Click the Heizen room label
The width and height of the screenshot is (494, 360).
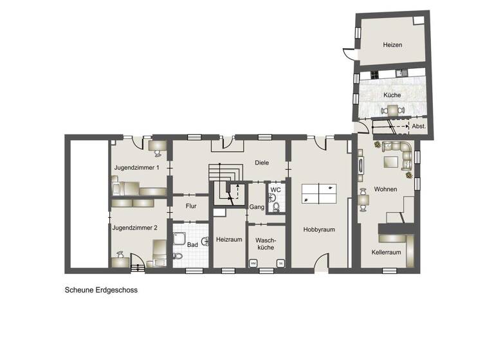[392, 45]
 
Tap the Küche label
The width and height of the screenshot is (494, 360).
[392, 95]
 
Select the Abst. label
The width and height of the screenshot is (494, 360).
[418, 127]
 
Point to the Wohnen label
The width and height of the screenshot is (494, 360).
[385, 188]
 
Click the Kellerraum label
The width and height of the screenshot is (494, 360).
[386, 253]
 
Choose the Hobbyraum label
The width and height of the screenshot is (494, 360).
[320, 228]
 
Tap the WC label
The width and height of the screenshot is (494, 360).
[275, 190]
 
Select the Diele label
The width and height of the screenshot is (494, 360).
[261, 163]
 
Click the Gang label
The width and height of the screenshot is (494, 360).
[257, 208]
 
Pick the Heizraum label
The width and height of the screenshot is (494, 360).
[229, 239]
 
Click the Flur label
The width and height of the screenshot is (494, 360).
[190, 207]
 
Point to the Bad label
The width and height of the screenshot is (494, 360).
[192, 245]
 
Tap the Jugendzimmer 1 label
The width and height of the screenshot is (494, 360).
[136, 167]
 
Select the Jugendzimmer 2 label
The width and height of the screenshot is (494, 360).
[134, 228]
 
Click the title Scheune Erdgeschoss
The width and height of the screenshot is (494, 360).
[101, 290]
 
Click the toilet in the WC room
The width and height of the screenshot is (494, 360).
[275, 206]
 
